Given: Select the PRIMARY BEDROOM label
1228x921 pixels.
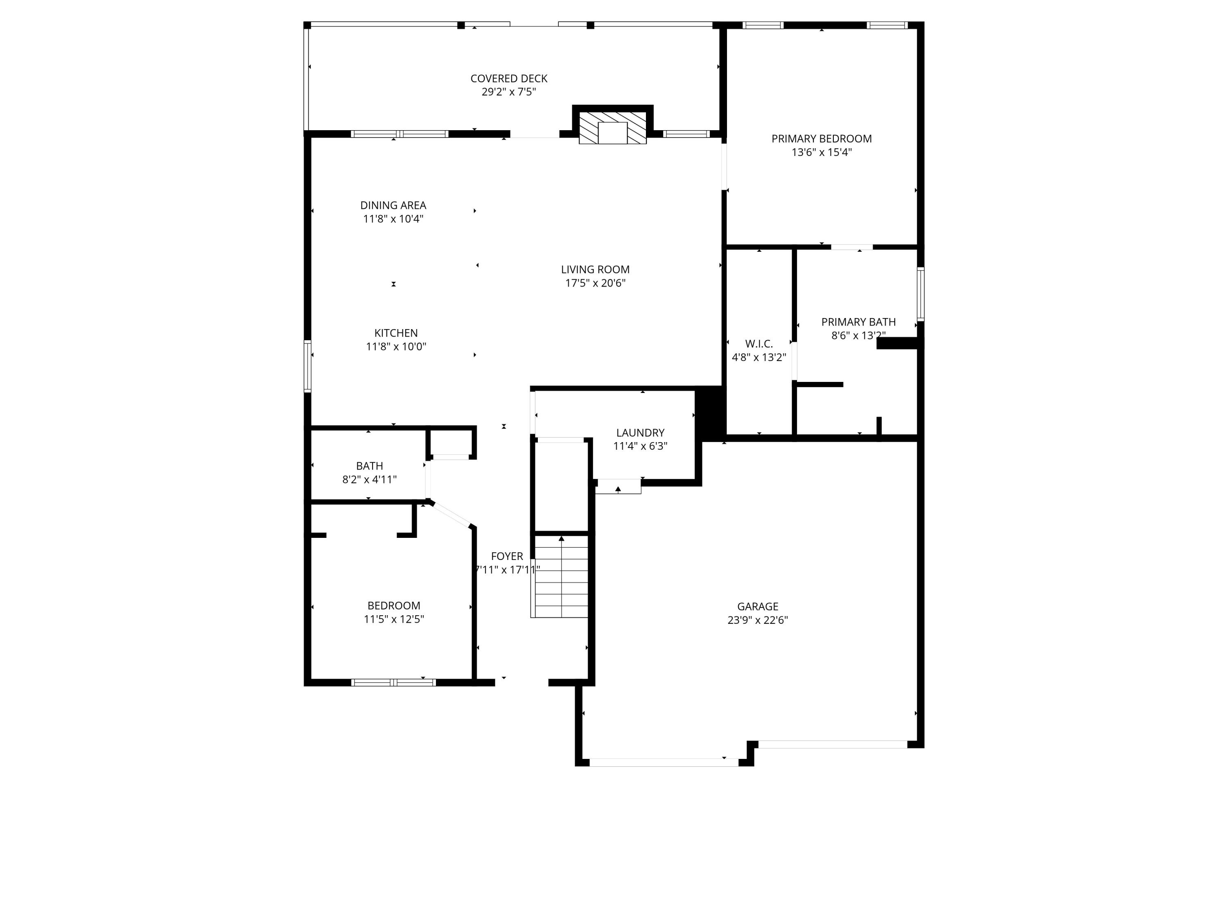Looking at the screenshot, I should click(821, 139).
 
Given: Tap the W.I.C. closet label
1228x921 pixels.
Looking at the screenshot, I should click(758, 344).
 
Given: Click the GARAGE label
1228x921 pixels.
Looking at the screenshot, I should click(757, 606).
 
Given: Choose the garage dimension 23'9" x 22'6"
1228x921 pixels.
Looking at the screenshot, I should click(757, 620).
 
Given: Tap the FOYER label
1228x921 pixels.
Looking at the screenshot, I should click(507, 556).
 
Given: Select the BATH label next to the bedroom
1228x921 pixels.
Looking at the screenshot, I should click(369, 466).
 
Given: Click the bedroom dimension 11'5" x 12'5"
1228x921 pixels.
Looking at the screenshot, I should click(394, 619).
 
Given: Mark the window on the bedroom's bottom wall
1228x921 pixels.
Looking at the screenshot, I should click(394, 682).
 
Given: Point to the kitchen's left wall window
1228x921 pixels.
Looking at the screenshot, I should click(307, 366).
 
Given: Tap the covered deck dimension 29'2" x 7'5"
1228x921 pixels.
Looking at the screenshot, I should click(508, 92).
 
